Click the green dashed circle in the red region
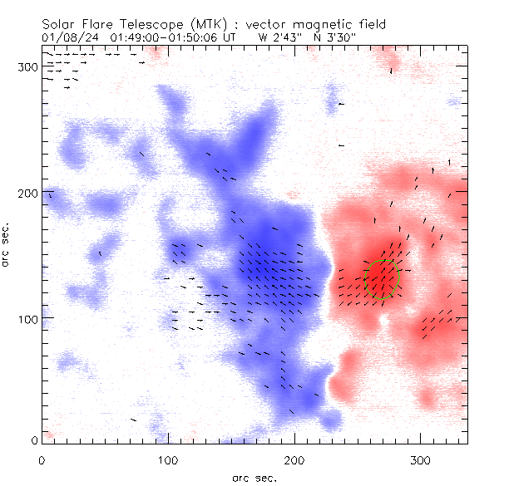click(383, 280)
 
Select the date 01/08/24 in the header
click(67, 37)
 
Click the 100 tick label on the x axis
click(168, 459)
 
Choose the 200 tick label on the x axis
click(294, 459)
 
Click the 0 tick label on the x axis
click(42, 459)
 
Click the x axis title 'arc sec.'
click(254, 477)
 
